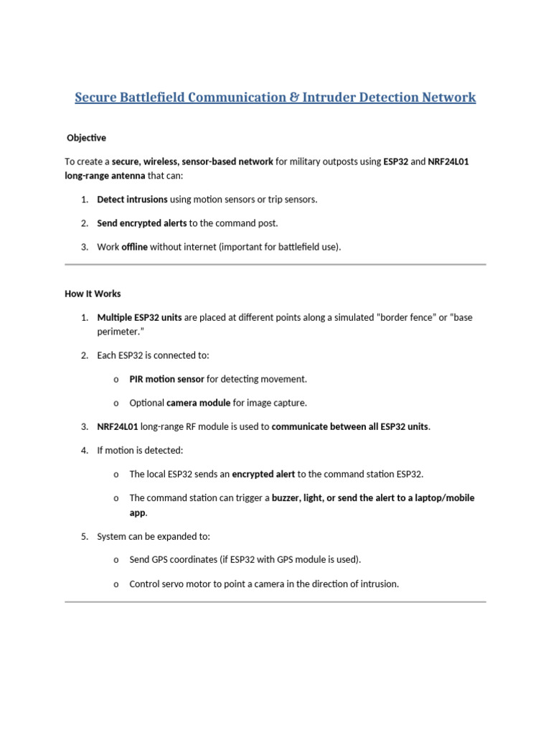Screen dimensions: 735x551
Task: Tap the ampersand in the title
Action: (x=295, y=97)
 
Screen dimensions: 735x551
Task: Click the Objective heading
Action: (x=86, y=137)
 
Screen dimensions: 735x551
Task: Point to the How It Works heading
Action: (x=93, y=294)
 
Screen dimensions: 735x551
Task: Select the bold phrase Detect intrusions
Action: (x=132, y=200)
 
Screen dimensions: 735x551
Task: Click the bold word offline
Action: (x=134, y=247)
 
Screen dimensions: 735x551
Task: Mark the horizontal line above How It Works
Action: (x=275, y=265)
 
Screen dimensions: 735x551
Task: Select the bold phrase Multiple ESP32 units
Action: (x=139, y=317)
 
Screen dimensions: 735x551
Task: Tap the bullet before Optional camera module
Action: (x=116, y=403)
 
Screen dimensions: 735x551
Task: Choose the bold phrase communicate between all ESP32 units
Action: (x=350, y=427)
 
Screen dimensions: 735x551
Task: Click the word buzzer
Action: (x=287, y=497)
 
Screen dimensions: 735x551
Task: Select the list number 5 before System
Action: (x=84, y=536)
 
